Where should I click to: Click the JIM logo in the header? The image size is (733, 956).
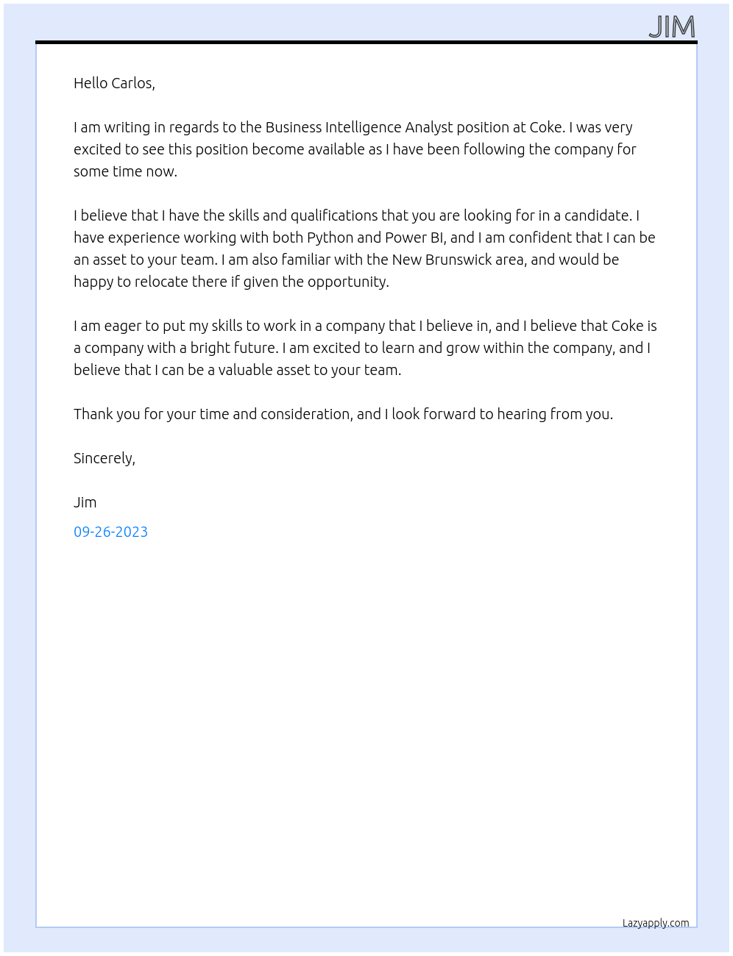(x=672, y=27)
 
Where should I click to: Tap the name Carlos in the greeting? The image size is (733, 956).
(x=134, y=83)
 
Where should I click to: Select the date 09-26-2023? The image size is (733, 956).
(x=110, y=532)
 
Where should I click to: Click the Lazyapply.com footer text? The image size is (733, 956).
(x=656, y=923)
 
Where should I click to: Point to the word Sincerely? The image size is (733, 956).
(x=104, y=458)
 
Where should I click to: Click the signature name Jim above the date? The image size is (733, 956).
(x=85, y=502)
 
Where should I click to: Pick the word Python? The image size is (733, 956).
(x=330, y=238)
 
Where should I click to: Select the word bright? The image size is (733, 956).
(x=211, y=348)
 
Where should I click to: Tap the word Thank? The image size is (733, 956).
(x=93, y=414)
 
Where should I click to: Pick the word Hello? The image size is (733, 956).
(x=91, y=83)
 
